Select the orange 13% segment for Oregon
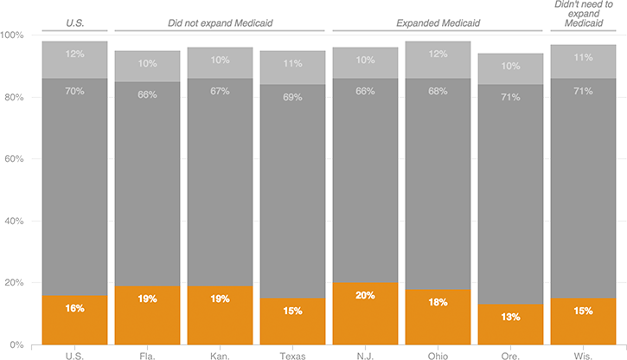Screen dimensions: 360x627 510,325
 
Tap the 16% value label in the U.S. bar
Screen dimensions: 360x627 74,308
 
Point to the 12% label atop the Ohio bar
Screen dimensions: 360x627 438,54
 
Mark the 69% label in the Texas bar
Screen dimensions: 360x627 292,97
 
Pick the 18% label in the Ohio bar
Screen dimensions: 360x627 438,302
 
